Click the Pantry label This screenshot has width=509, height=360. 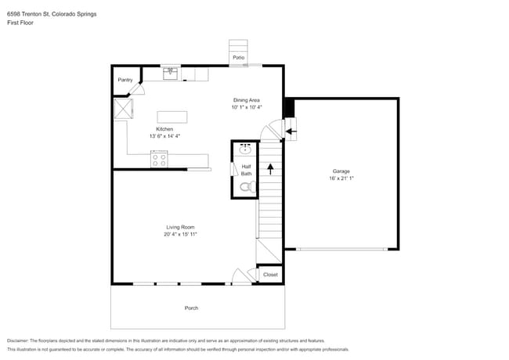125,80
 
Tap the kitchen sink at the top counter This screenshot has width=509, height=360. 171,74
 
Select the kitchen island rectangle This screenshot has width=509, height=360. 172,117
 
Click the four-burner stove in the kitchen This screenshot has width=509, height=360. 159,160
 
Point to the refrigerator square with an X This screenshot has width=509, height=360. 123,107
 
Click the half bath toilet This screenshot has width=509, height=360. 245,187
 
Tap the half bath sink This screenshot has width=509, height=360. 245,148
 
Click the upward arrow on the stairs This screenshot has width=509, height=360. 270,167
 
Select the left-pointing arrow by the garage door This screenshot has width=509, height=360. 290,131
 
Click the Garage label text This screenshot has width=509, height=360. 341,171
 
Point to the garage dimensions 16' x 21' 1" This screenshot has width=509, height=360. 341,178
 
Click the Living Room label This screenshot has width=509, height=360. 179,227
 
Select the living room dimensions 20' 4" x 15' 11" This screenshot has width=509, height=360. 179,234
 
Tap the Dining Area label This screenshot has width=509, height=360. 247,99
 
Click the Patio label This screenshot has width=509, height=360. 238,58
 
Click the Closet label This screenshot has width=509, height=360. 270,275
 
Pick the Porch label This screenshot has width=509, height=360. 191,308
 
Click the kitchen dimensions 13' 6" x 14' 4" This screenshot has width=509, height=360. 164,136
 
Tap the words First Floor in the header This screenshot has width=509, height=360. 20,23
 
